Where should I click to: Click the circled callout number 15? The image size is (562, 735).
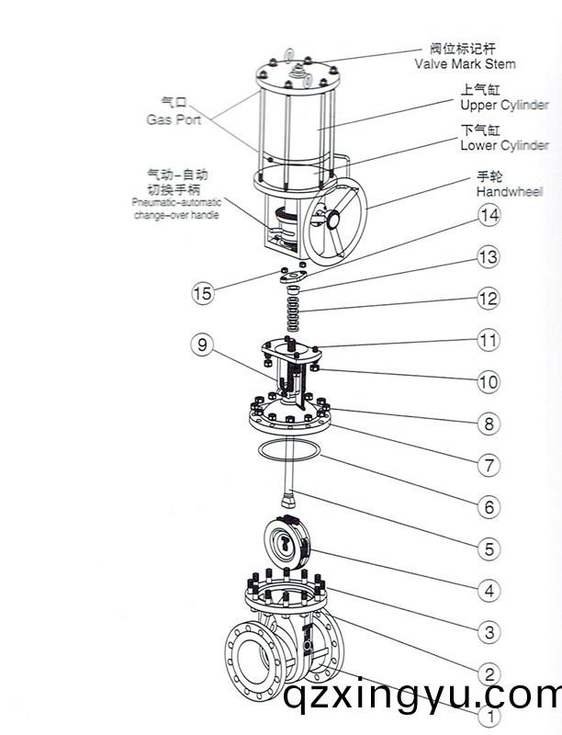(202, 293)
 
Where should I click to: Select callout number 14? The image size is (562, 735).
(489, 215)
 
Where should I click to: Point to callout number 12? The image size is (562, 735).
(489, 299)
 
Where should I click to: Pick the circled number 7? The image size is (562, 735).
(489, 465)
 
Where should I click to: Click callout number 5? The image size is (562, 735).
(489, 548)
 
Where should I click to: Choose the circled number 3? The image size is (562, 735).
(489, 632)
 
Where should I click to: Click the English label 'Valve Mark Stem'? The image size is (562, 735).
(465, 64)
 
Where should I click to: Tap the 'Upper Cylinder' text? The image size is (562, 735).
(504, 106)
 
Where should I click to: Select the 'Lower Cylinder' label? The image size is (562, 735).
(504, 145)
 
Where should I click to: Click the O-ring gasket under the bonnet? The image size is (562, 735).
(290, 453)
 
